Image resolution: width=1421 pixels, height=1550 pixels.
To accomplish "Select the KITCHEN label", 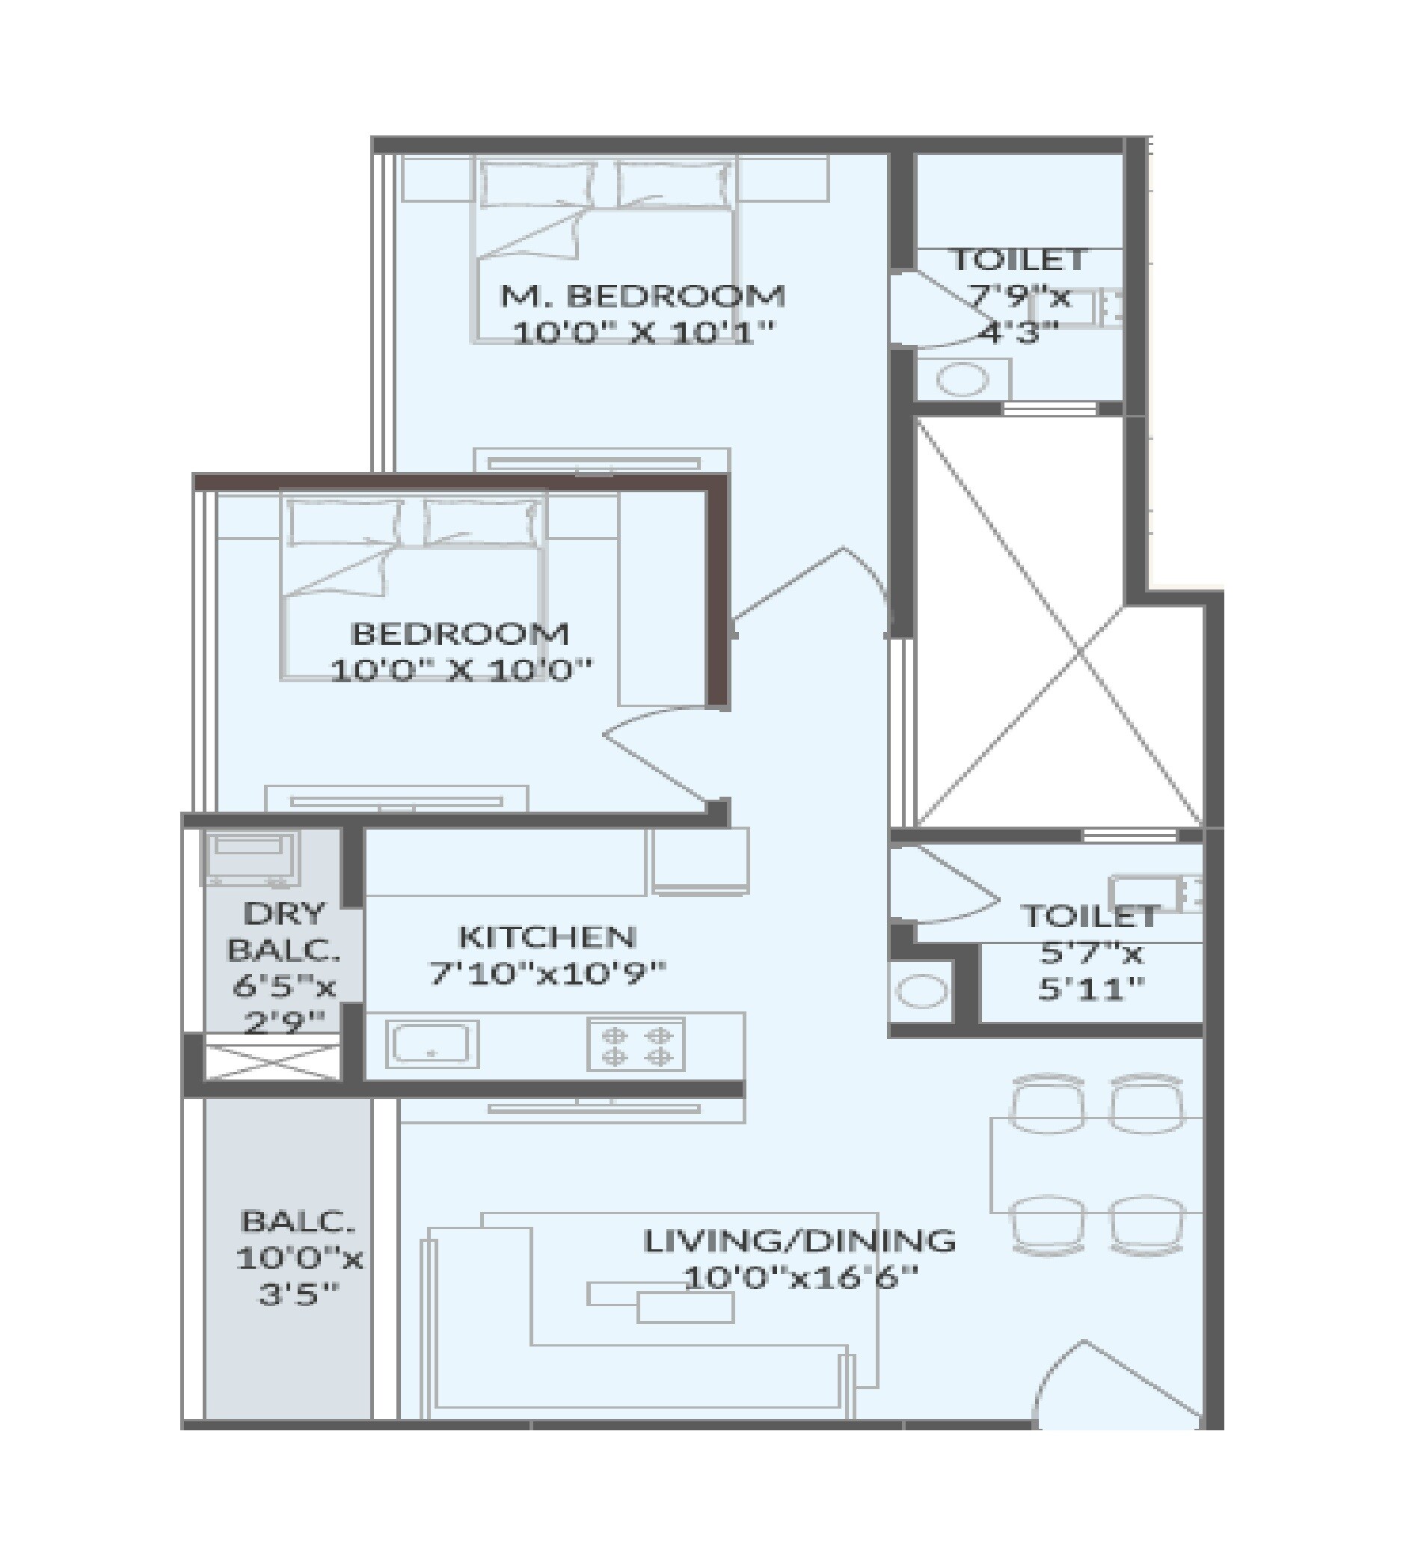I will pyautogui.click(x=547, y=937).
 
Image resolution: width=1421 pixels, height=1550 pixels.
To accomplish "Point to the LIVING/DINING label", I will pyautogui.click(x=799, y=1241).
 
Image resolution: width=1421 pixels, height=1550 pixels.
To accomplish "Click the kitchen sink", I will pyautogui.click(x=432, y=1044).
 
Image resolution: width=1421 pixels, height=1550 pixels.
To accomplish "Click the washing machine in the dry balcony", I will pyautogui.click(x=250, y=858).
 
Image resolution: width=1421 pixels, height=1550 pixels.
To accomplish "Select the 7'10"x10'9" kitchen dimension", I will pyautogui.click(x=547, y=974).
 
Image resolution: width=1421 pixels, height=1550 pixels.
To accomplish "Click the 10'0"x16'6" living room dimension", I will pyautogui.click(x=799, y=1278).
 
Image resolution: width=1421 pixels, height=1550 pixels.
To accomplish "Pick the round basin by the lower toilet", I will pyautogui.click(x=922, y=991).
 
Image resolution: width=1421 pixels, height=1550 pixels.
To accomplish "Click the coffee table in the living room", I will pyautogui.click(x=684, y=1307).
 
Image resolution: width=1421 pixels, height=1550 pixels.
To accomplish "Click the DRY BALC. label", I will pyautogui.click(x=283, y=931).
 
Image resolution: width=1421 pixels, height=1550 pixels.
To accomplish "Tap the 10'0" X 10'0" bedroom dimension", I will pyautogui.click(x=461, y=670).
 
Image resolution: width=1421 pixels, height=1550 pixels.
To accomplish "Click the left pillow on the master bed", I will pyautogui.click(x=536, y=186).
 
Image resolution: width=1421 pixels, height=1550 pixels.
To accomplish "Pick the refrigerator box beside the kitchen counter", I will pyautogui.click(x=701, y=861).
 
